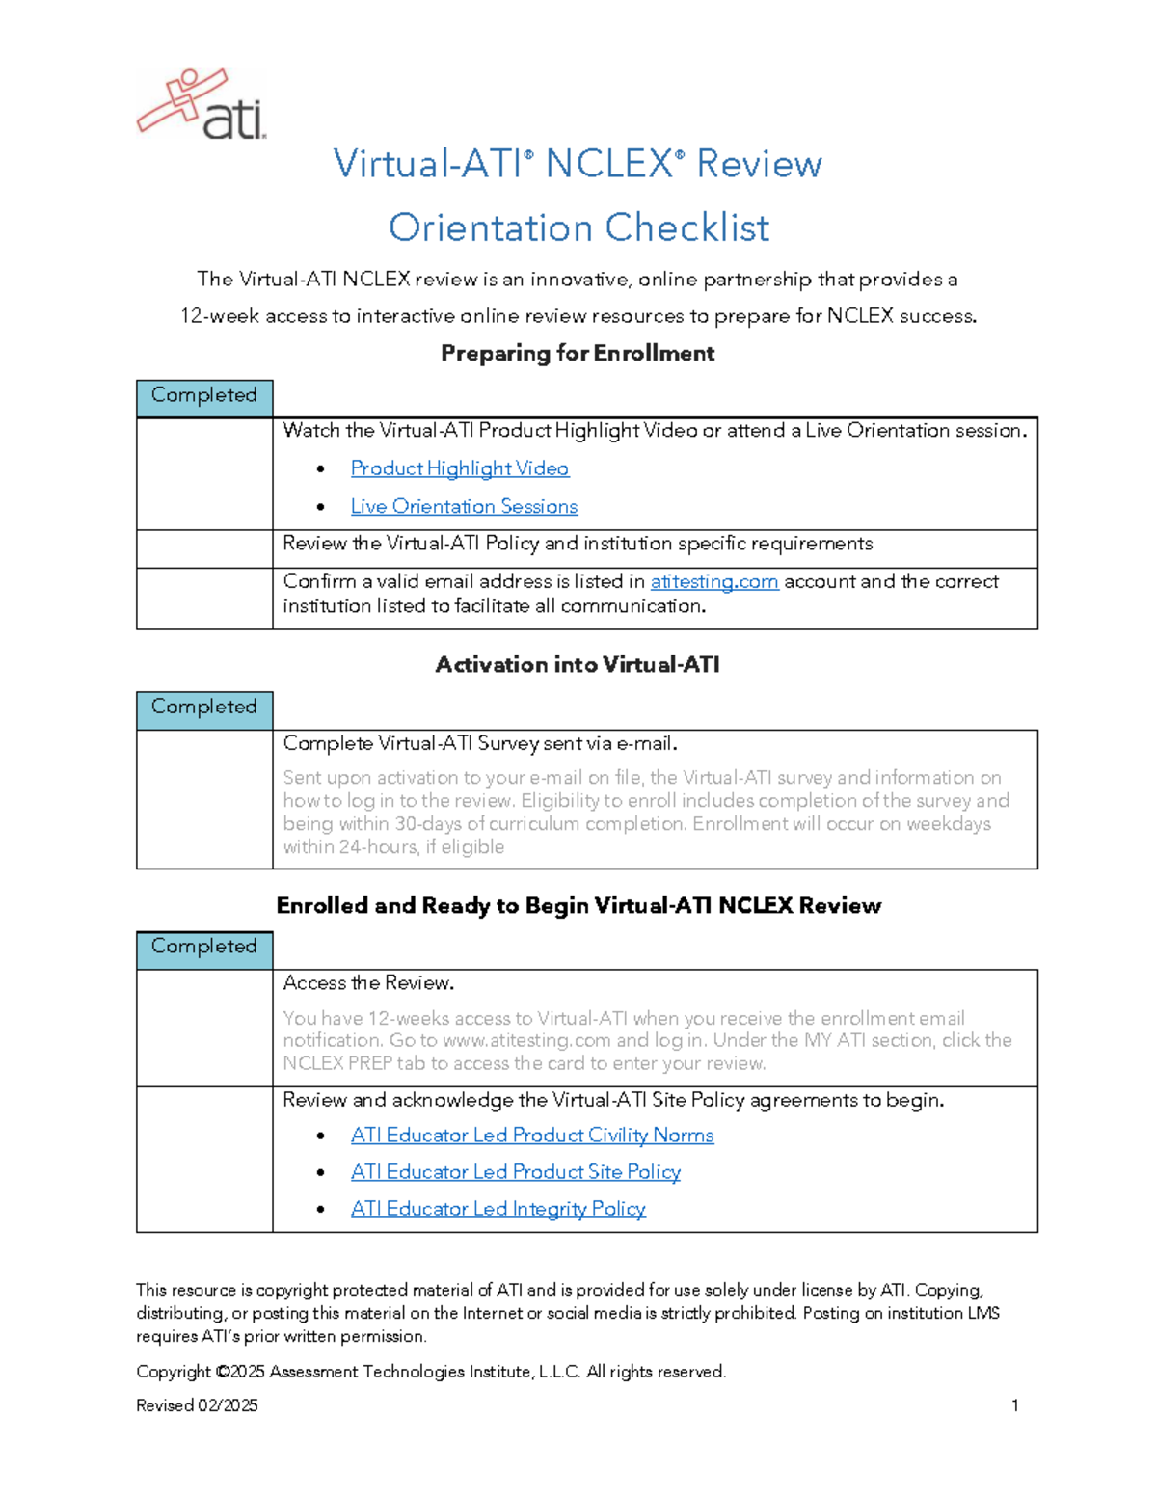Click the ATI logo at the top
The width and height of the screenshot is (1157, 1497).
202,105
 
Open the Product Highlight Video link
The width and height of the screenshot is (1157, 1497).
459,468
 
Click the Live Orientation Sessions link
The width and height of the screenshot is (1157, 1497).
464,507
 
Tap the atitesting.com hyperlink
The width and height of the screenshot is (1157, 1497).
713,582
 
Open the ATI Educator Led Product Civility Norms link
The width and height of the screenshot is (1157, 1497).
532,1136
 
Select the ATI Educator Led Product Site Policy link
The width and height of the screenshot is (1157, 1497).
516,1172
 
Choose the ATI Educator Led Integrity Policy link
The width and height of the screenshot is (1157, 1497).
498,1209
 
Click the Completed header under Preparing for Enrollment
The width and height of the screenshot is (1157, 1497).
204,396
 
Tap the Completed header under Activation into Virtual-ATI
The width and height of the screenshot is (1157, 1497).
204,708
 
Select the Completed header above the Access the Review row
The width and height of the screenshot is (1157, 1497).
204,948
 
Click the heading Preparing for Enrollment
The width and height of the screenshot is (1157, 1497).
578,354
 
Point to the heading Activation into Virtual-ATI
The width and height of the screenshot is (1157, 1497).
578,665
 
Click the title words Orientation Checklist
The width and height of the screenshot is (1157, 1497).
578,228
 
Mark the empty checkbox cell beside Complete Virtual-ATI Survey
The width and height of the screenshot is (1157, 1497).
204,799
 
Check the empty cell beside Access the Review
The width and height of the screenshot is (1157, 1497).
204,1028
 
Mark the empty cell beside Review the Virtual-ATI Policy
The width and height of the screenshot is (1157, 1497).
204,548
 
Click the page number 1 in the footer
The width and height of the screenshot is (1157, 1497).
1014,1405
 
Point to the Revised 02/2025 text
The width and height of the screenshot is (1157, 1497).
197,1405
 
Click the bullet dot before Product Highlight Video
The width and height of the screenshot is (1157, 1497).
320,469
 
